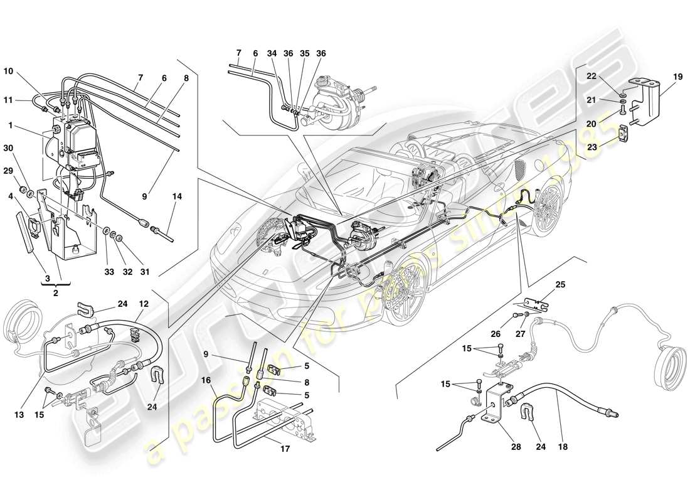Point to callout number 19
678,77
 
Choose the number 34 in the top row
272,53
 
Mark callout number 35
304,53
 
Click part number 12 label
144,304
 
